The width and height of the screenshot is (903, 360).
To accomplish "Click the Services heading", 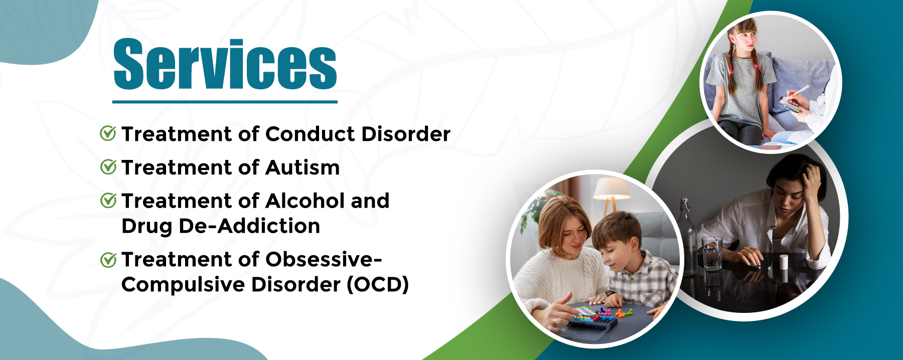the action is click(x=225, y=64).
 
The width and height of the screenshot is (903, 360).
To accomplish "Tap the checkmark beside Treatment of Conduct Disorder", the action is click(x=108, y=133).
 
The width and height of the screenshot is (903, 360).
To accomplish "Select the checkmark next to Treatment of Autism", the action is click(x=108, y=167).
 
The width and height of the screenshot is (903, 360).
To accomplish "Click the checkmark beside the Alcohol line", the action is click(x=108, y=201).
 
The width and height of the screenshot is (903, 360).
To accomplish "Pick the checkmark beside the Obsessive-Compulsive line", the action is click(x=108, y=260).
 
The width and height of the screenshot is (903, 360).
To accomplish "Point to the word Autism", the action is click(x=303, y=167).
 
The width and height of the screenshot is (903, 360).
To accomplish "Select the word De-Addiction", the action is click(x=249, y=226).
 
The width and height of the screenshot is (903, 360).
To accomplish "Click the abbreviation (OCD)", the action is click(x=378, y=285).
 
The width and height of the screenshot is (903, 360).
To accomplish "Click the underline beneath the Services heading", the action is click(x=225, y=102).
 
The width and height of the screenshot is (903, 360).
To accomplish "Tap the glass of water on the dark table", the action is click(x=712, y=254).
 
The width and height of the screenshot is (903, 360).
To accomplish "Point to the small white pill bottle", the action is click(x=783, y=261).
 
